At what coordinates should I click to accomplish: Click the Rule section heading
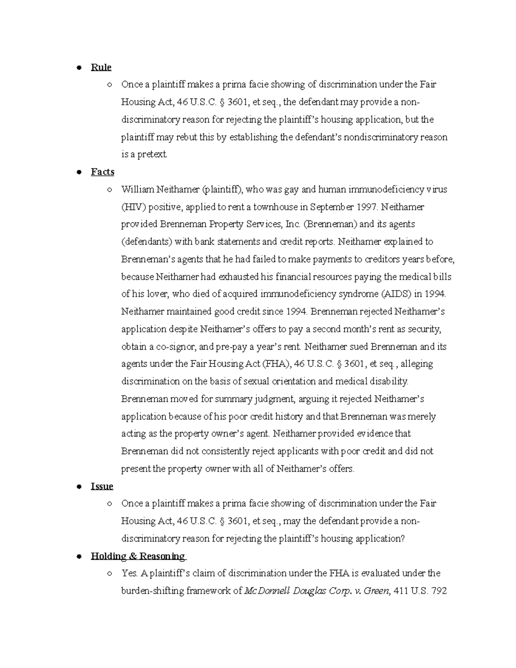pos(101,67)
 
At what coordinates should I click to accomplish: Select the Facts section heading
pos(102,172)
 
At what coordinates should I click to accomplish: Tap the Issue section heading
pos(102,486)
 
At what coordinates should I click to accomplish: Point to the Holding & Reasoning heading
pos(138,556)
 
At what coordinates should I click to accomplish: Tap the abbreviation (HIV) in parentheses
pos(134,207)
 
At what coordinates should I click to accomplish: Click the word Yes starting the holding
pos(129,573)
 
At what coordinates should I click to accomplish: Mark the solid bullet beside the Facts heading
pos(79,172)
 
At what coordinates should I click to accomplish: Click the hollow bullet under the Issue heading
pos(110,504)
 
